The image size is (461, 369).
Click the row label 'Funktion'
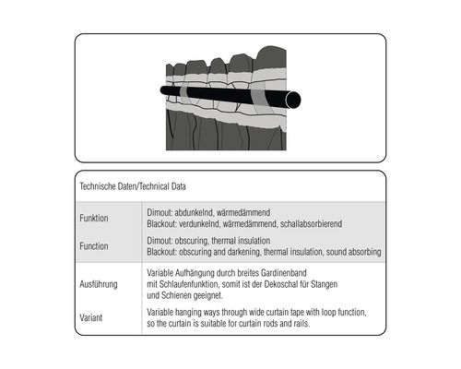pos(95,219)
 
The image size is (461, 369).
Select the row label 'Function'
pos(95,246)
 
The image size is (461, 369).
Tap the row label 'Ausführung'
pos(100,285)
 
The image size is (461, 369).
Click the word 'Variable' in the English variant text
pos(163,313)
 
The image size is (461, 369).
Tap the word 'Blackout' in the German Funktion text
pos(164,224)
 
